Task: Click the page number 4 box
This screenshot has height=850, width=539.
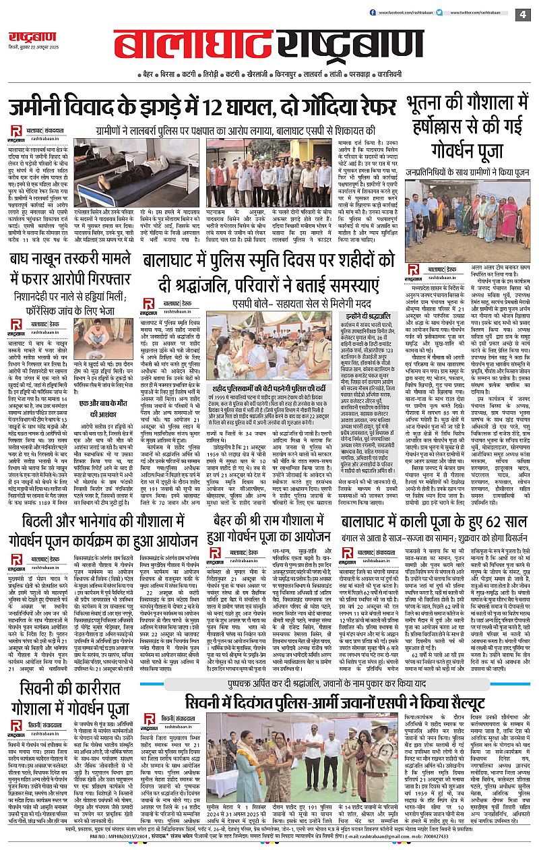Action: (x=523, y=13)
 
